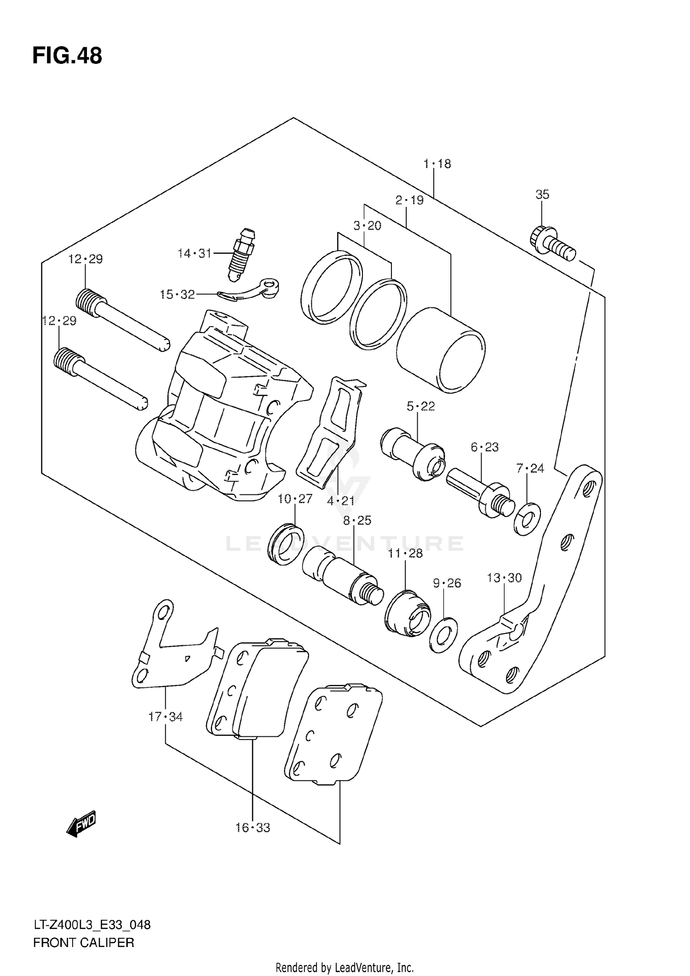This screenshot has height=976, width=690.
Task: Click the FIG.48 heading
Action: coord(67,56)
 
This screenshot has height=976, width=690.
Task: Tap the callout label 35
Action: coord(542,194)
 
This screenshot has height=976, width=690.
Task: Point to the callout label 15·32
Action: coord(177,294)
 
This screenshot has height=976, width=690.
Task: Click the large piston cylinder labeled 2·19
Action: coord(440,352)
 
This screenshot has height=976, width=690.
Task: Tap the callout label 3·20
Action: coord(367,225)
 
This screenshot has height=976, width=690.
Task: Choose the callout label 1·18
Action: coord(437,164)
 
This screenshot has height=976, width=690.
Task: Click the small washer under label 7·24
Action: coord(527,519)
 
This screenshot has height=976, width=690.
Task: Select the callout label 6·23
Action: coord(484,447)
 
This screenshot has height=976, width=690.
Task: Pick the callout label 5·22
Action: coord(420,406)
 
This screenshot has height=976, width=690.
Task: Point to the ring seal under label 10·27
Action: coord(285,545)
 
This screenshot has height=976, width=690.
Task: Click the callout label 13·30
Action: coord(504,578)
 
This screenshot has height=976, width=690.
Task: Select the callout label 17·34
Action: coord(165,717)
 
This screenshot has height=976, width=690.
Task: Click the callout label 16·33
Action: coord(253,828)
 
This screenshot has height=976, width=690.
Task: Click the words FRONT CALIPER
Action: coord(83,943)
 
